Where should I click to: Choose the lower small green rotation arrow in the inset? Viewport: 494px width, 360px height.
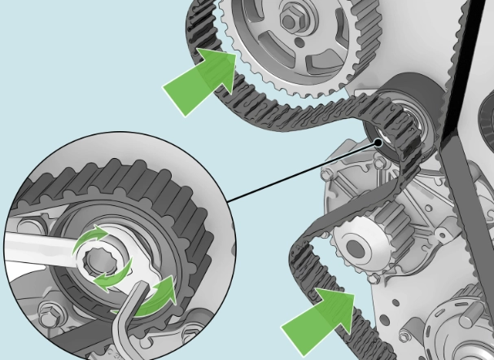pyautogui.click(x=110, y=279)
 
